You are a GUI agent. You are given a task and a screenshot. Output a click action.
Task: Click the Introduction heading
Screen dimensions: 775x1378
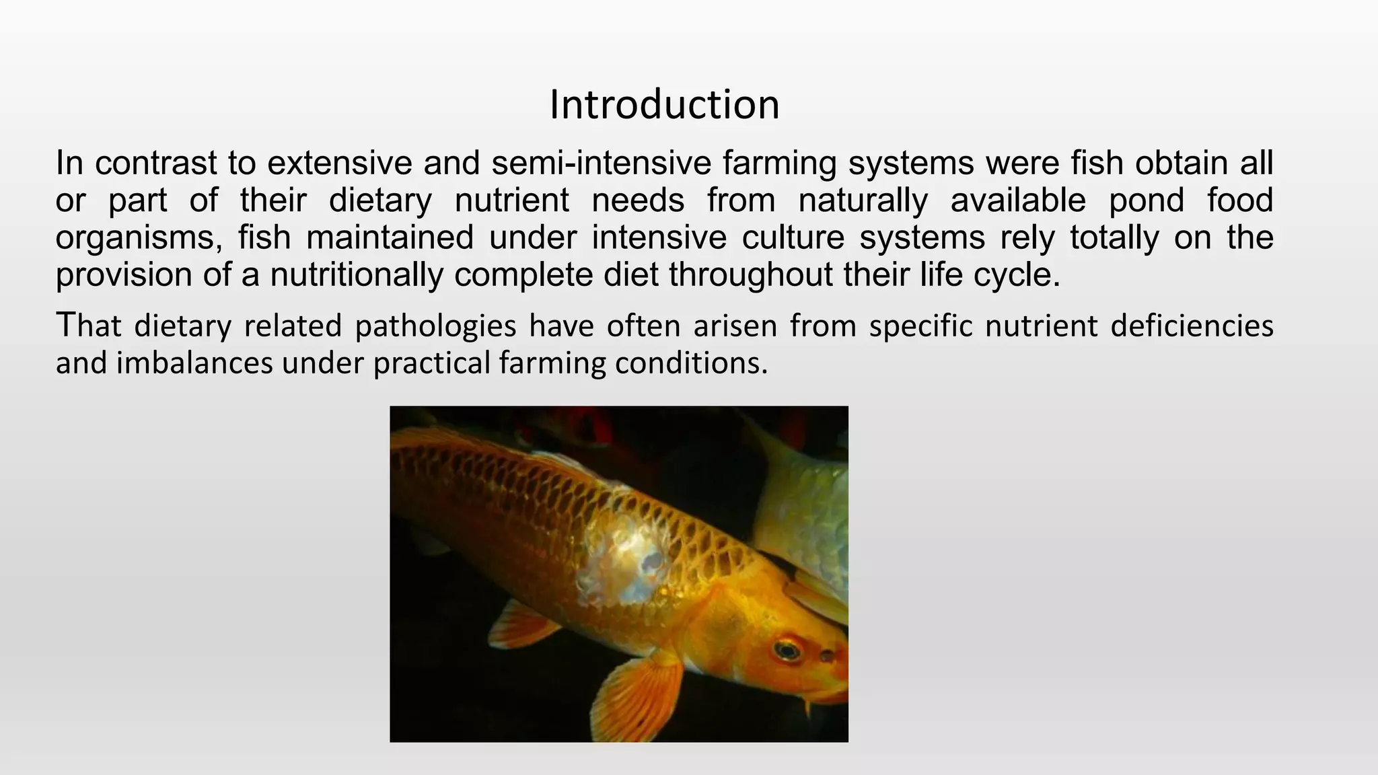tap(664, 106)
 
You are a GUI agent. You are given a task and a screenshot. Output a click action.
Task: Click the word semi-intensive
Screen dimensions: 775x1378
tap(602, 163)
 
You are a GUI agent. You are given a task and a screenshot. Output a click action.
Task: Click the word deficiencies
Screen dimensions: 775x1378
tap(1192, 326)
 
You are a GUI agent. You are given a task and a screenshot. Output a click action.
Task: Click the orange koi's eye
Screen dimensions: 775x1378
tap(785, 650)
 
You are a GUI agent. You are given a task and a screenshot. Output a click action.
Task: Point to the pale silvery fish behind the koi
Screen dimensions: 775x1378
tap(804, 511)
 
